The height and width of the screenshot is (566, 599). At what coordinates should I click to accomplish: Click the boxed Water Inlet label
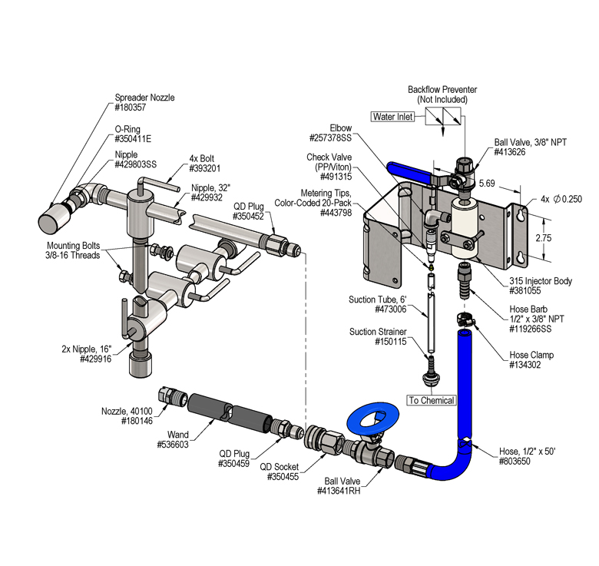(392, 117)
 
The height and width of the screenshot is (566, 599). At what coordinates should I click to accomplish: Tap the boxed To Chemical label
(432, 400)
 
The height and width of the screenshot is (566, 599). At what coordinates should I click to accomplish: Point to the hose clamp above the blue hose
(465, 319)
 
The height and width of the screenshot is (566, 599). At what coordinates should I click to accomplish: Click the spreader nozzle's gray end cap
(53, 217)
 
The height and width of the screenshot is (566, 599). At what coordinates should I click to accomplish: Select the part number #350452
(248, 217)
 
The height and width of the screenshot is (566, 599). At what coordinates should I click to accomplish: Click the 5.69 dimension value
(487, 184)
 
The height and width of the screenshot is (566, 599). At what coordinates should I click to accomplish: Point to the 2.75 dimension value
(543, 238)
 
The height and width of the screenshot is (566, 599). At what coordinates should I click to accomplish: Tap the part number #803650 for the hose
(515, 461)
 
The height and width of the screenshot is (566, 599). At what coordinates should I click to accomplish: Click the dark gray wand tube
(230, 412)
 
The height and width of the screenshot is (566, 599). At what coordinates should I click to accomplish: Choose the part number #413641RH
(339, 491)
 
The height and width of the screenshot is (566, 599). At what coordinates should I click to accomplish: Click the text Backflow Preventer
(442, 89)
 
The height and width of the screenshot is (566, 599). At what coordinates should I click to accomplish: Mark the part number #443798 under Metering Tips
(336, 213)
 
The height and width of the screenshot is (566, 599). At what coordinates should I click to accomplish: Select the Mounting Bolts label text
(74, 245)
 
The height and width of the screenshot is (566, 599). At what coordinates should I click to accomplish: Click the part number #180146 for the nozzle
(137, 421)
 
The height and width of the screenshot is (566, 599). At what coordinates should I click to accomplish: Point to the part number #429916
(95, 359)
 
